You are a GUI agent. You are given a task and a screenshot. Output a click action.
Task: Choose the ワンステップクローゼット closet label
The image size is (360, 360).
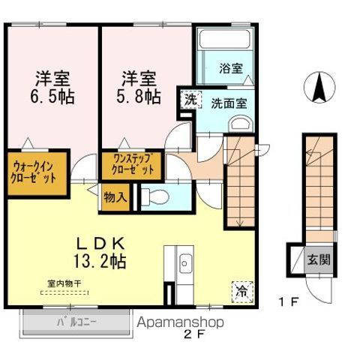pyautogui.click(x=133, y=164)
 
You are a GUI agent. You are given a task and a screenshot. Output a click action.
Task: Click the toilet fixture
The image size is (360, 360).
pyautogui.click(x=154, y=198)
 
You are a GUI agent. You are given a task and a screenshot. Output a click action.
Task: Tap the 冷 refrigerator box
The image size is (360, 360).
pyautogui.click(x=242, y=289)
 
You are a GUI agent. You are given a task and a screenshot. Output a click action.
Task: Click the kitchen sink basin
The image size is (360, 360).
pyautogui.click(x=184, y=263)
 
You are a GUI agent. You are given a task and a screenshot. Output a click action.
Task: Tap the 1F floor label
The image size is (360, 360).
pyautogui.click(x=290, y=303)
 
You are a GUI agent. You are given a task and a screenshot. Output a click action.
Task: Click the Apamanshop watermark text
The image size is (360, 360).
pyautogui.click(x=181, y=322)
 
